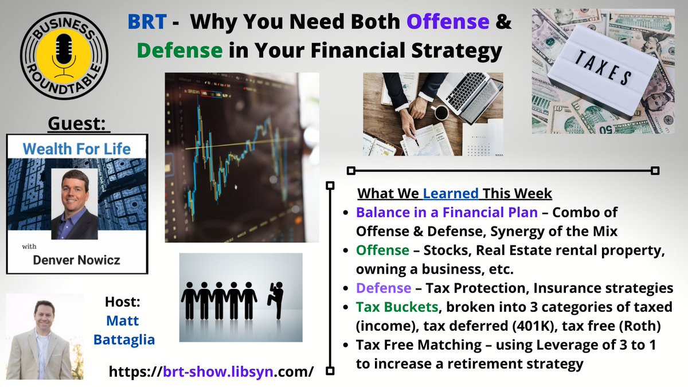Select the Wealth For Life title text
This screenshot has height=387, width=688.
click(77, 149)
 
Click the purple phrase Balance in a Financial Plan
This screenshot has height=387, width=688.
click(447, 212)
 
